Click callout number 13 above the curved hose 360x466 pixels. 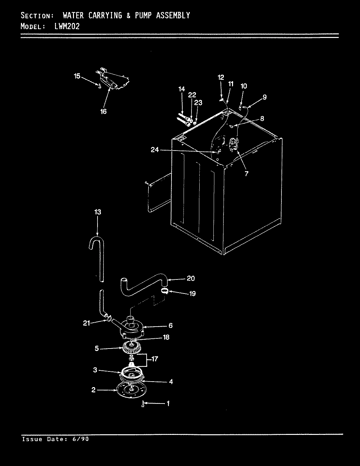pyautogui.click(x=98, y=212)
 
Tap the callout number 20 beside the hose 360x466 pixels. pyautogui.click(x=190, y=278)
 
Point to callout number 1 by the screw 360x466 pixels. pyautogui.click(x=168, y=404)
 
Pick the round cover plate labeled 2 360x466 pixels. pyautogui.click(x=131, y=390)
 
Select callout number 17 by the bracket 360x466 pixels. pyautogui.click(x=155, y=359)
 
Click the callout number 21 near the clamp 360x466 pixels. pyautogui.click(x=86, y=323)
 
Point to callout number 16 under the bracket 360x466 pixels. pyautogui.click(x=103, y=112)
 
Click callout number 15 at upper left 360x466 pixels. pyautogui.click(x=77, y=76)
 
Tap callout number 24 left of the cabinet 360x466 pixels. pyautogui.click(x=155, y=150)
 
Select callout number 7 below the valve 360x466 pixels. pyautogui.click(x=246, y=173)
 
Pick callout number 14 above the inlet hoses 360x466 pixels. pyautogui.click(x=182, y=89)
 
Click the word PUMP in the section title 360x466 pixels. pyautogui.click(x=143, y=15)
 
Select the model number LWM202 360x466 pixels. pyautogui.click(x=67, y=27)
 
